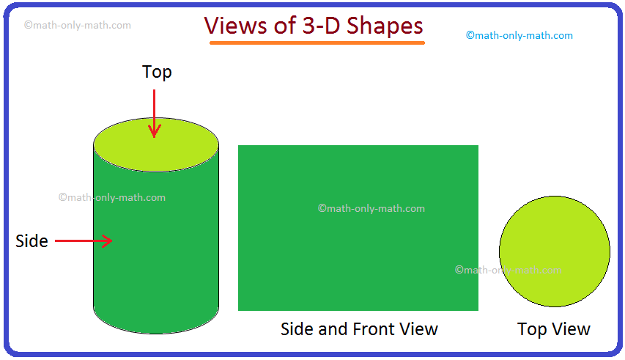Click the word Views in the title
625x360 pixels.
(x=236, y=26)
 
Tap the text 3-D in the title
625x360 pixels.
(x=321, y=26)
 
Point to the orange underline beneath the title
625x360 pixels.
(x=317, y=43)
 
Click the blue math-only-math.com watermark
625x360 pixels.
(x=519, y=35)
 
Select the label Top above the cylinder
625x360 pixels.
(x=157, y=73)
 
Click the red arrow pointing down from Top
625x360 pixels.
(x=155, y=114)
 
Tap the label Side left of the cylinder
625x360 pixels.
(x=32, y=241)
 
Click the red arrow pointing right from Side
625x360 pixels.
(x=84, y=240)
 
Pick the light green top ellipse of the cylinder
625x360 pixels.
(x=156, y=144)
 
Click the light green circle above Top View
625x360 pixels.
(x=555, y=251)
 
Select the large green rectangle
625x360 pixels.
(x=358, y=227)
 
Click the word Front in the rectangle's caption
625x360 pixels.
(x=374, y=329)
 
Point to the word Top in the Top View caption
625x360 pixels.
(x=532, y=330)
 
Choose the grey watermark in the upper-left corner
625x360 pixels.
(x=78, y=25)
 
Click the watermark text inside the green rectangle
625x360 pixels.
(x=371, y=208)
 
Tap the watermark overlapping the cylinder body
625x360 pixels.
(x=112, y=197)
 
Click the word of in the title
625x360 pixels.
(x=284, y=26)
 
